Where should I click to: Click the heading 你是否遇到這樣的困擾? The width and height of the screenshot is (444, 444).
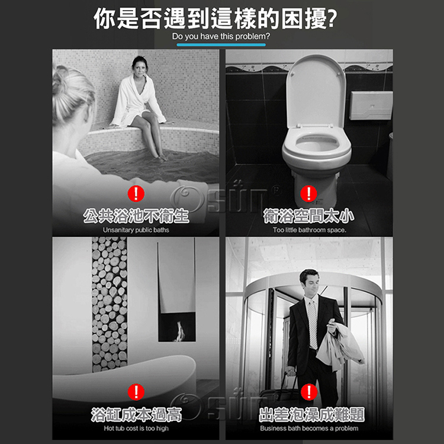[215, 18]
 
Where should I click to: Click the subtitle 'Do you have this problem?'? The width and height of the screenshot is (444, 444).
[221, 36]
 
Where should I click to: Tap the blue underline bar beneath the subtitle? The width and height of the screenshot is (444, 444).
[221, 44]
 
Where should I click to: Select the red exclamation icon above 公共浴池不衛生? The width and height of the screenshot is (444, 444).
[136, 194]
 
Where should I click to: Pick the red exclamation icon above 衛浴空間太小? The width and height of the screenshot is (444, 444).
[308, 194]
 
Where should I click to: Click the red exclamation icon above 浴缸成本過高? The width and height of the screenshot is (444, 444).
[136, 392]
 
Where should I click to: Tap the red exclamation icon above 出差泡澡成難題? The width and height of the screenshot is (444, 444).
[309, 392]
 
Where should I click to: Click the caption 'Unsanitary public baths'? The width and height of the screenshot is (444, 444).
[136, 230]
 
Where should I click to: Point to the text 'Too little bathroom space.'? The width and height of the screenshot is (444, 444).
[310, 230]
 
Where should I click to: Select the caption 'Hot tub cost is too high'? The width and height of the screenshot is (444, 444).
[136, 428]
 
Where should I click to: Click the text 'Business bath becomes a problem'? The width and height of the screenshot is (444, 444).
[309, 428]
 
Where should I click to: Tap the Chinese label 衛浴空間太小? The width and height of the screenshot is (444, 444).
[309, 216]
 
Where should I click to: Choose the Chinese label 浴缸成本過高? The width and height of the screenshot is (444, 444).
[136, 414]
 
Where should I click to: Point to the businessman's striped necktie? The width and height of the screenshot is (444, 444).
[313, 324]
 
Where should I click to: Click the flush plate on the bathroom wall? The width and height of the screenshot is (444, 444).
[371, 105]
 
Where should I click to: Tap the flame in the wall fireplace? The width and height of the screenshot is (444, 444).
[181, 330]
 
